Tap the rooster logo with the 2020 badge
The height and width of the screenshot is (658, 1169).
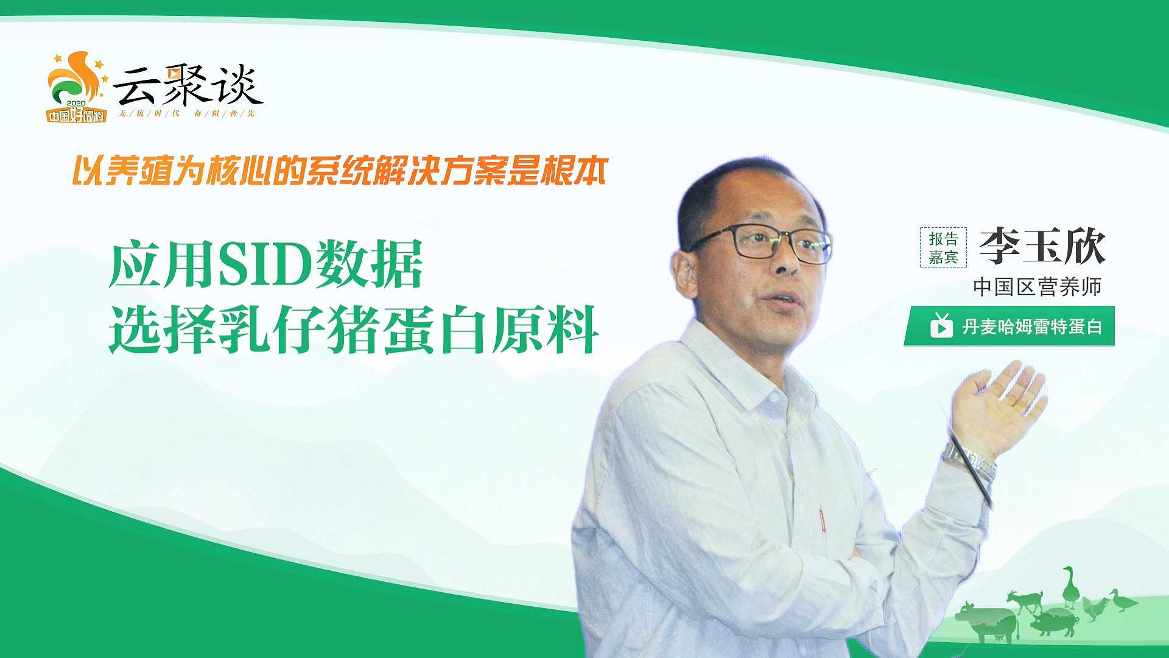77,87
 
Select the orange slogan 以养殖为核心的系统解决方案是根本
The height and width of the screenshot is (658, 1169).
340,171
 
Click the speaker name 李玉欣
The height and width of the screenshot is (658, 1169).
1042,246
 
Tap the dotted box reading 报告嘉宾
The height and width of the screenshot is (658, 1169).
943,247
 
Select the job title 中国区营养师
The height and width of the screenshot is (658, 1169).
1037,286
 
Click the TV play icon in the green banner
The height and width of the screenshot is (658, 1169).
941,325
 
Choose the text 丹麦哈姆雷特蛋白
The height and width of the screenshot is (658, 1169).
1032,327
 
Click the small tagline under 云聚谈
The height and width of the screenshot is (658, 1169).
187,114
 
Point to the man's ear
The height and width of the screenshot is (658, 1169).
686,274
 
